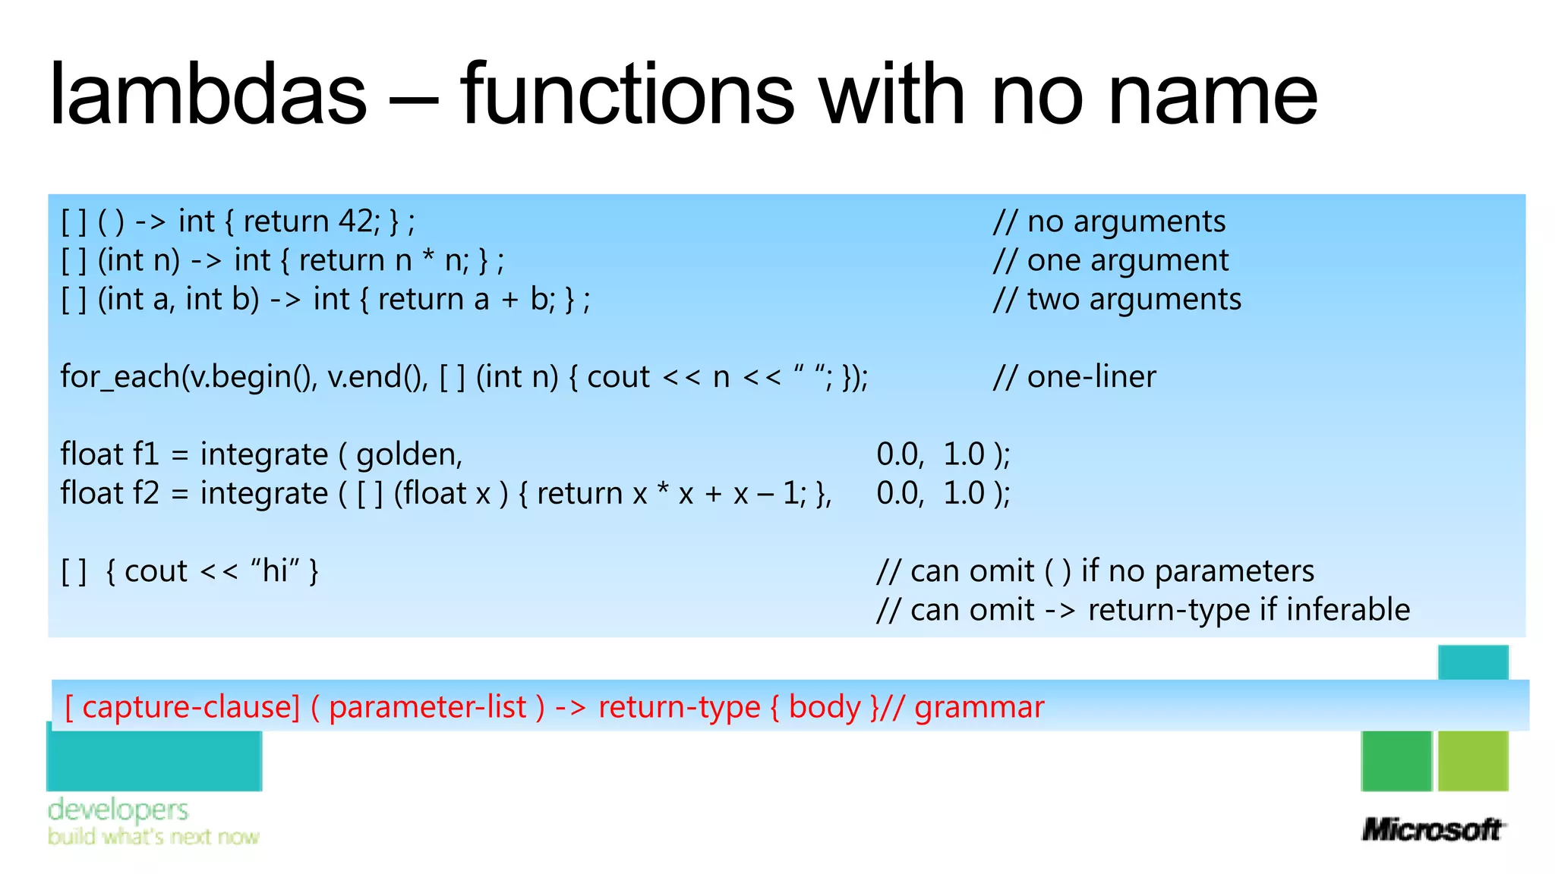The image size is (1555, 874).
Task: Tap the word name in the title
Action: pyautogui.click(x=1212, y=95)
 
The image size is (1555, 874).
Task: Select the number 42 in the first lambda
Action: pyautogui.click(x=355, y=222)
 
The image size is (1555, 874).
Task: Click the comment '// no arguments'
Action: pyautogui.click(x=1109, y=222)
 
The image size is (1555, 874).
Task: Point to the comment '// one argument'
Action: pyautogui.click(x=1111, y=261)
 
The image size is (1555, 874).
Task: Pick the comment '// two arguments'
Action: pyautogui.click(x=1117, y=300)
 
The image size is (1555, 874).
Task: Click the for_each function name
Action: pyautogui.click(x=120, y=377)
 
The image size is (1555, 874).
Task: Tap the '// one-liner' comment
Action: pyautogui.click(x=1074, y=377)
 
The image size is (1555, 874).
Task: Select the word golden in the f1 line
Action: pyautogui.click(x=408, y=455)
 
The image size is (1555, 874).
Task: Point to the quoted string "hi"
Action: pyautogui.click(x=275, y=571)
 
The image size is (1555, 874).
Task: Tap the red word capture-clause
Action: pyautogui.click(x=190, y=707)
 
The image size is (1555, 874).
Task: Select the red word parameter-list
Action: pyautogui.click(x=427, y=707)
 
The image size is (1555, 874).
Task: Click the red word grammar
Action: pyautogui.click(x=979, y=707)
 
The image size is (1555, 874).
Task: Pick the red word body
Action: pyautogui.click(x=824, y=707)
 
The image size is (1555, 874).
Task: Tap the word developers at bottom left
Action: pyautogui.click(x=118, y=810)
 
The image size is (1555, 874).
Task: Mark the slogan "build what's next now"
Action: pyautogui.click(x=153, y=837)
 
